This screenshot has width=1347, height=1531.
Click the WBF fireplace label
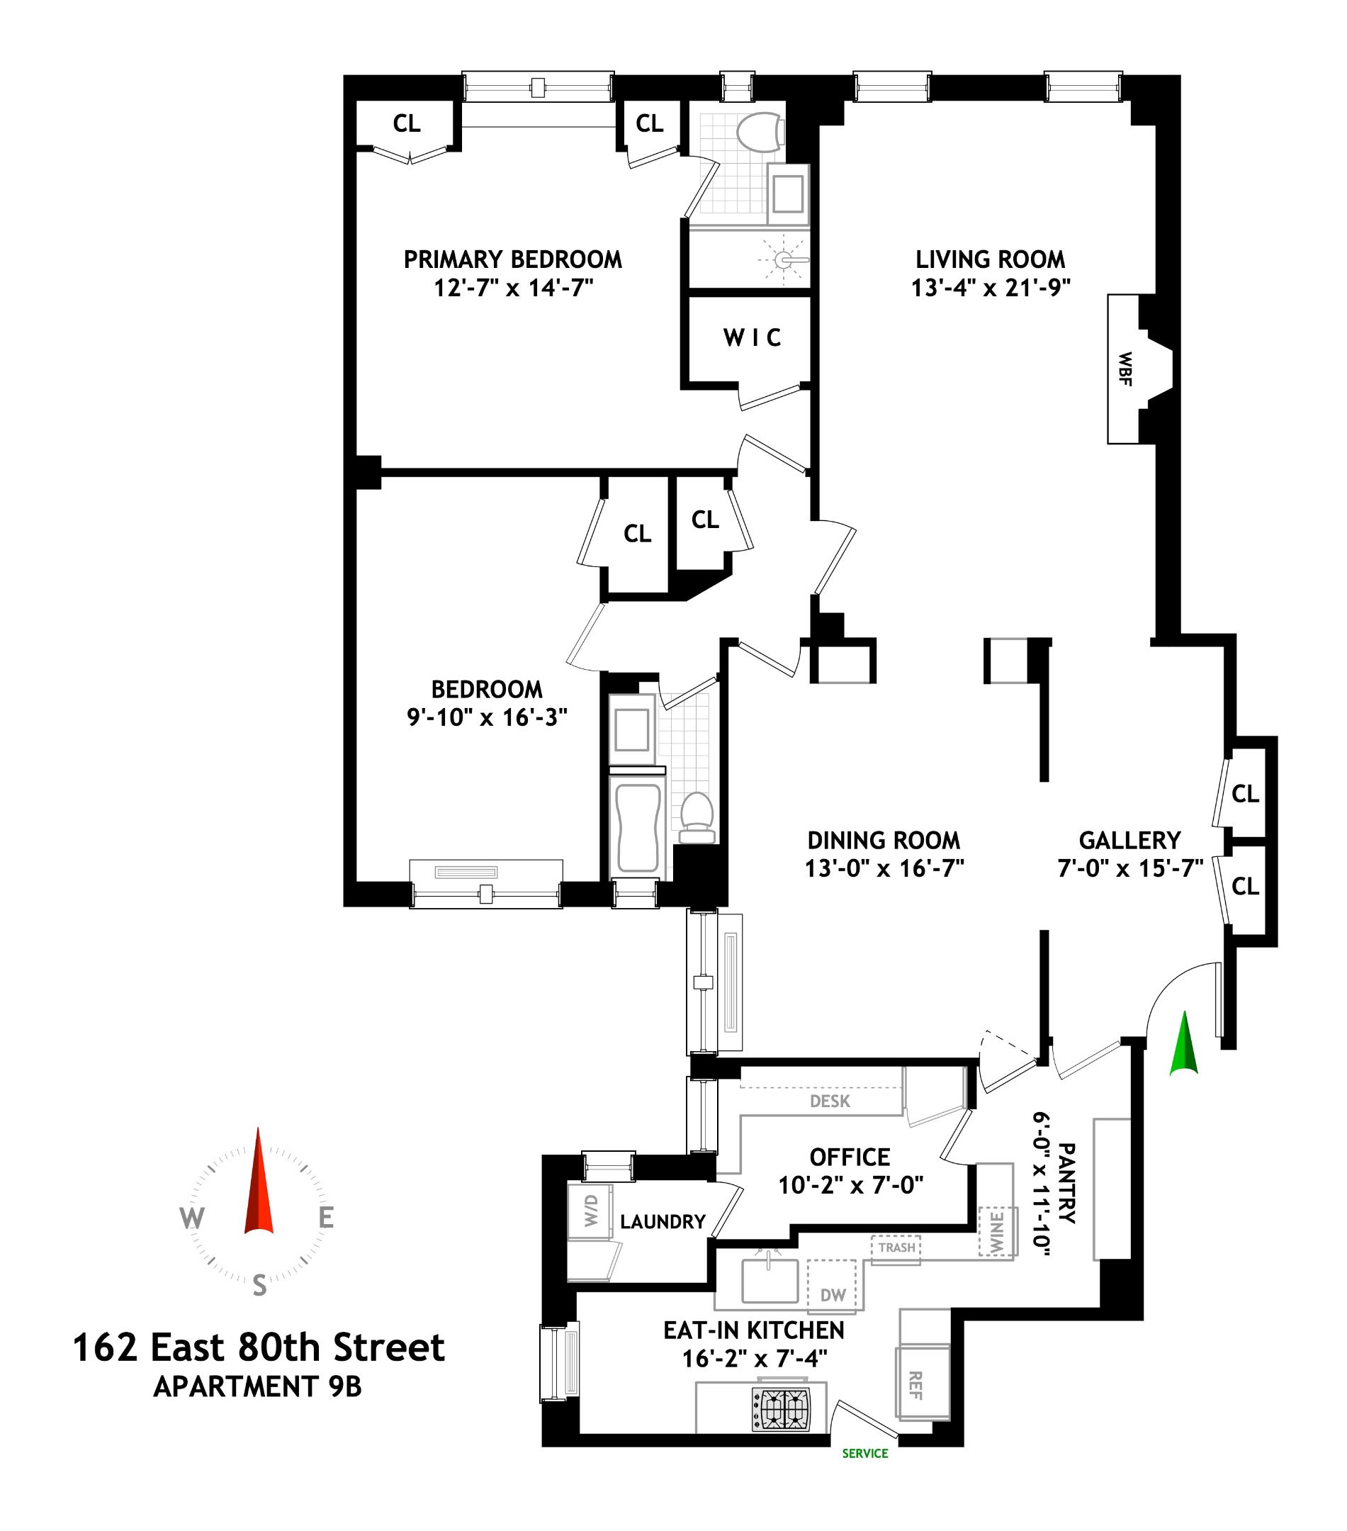(x=1124, y=369)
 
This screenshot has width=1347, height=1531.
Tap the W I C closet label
(x=752, y=338)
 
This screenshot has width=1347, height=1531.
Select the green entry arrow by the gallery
(x=1185, y=1043)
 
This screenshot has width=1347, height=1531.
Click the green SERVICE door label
(x=864, y=1453)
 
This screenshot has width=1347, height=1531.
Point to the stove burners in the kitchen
(x=781, y=1411)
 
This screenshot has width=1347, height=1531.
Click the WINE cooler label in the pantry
(x=996, y=1230)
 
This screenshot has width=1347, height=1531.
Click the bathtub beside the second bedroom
(x=637, y=828)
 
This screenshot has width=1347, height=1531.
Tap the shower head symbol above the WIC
(x=783, y=260)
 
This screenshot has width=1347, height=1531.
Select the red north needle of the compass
(x=259, y=1184)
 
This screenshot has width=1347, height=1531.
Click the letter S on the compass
(x=259, y=1285)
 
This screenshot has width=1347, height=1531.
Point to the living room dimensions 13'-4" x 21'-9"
(x=990, y=288)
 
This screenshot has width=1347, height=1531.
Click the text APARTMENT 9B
(x=258, y=1386)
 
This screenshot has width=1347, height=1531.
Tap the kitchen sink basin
(x=769, y=1280)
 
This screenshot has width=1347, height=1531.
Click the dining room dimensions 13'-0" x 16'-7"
(x=884, y=868)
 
